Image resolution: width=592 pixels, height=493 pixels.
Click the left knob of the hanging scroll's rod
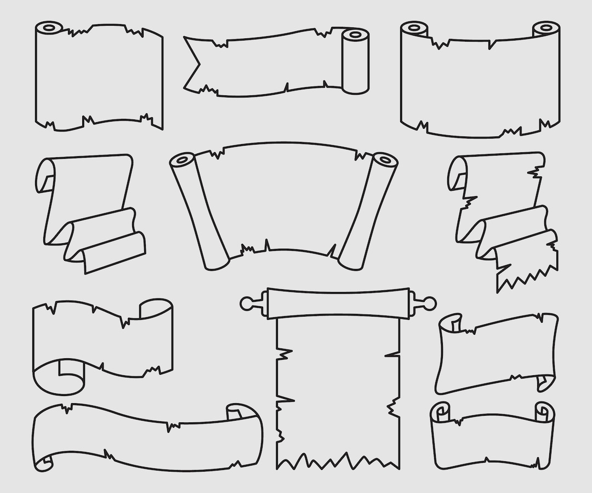[247, 303]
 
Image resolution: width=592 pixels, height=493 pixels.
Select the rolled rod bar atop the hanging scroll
[338, 303]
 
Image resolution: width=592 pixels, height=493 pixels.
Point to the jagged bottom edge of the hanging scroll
[337, 461]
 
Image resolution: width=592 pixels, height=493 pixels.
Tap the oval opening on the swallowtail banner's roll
[355, 35]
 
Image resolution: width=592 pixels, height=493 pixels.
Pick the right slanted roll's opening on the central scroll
[385, 160]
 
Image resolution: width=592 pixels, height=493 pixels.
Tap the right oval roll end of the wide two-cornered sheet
[546, 27]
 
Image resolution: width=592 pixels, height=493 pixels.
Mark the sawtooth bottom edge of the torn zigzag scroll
[526, 277]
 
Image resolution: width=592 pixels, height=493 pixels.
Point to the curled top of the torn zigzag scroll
[457, 173]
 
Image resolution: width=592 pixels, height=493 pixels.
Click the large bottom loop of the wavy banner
[59, 376]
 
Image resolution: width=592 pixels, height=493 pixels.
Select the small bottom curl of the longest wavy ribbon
[44, 463]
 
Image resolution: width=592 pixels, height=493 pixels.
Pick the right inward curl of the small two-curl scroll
[544, 411]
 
